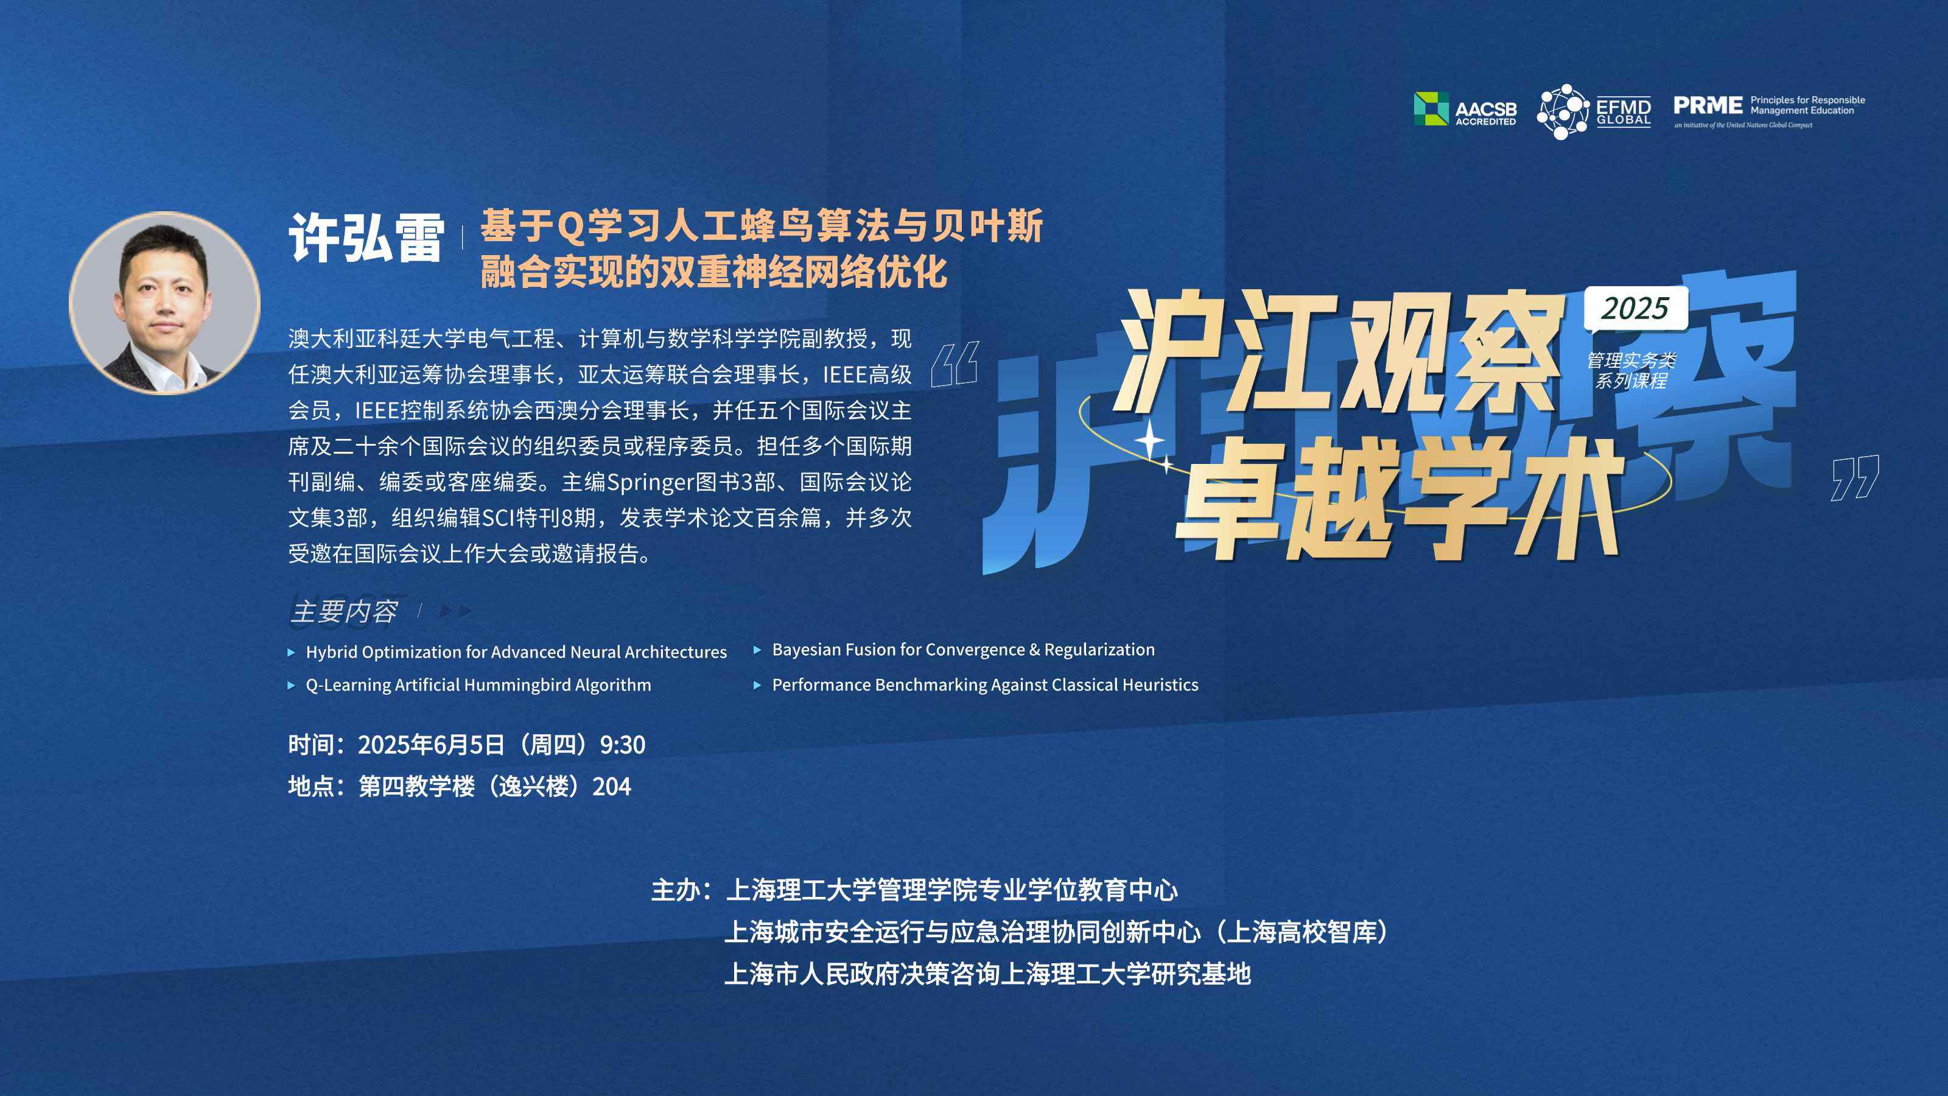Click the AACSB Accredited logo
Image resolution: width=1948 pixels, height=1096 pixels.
[1465, 109]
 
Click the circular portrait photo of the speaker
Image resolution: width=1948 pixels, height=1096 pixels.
[165, 303]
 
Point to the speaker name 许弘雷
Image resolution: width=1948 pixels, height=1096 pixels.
[366, 237]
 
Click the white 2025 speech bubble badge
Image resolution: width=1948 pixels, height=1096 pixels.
[1636, 309]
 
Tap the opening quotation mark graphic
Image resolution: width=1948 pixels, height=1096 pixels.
[955, 364]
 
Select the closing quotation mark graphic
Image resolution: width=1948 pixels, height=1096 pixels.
[1855, 477]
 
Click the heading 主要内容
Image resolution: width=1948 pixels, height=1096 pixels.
[343, 611]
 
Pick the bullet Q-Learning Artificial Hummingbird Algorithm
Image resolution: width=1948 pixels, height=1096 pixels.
[478, 685]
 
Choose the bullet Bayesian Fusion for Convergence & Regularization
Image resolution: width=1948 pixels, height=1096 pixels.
[962, 650]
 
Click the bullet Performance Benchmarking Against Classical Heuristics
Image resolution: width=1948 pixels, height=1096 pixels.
[984, 685]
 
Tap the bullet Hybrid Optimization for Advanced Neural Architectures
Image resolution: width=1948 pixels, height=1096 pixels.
[516, 652]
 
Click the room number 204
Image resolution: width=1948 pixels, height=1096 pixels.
[611, 787]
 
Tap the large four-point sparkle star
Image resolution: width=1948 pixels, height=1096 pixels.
[1149, 440]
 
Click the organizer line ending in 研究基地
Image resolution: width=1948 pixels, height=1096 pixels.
[987, 974]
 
